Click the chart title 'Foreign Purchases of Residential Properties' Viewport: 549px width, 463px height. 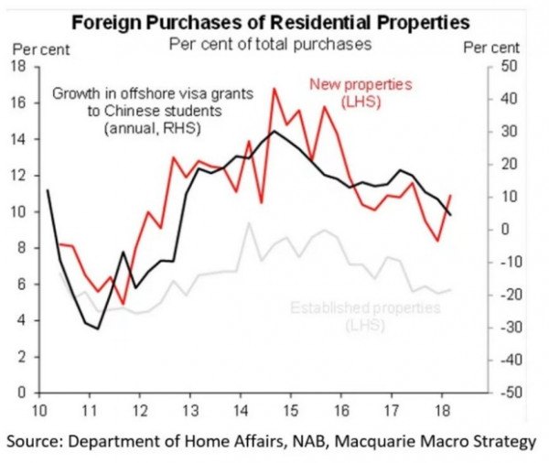[274, 20]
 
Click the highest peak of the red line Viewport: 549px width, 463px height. [273, 88]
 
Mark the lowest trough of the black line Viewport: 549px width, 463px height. [98, 328]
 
